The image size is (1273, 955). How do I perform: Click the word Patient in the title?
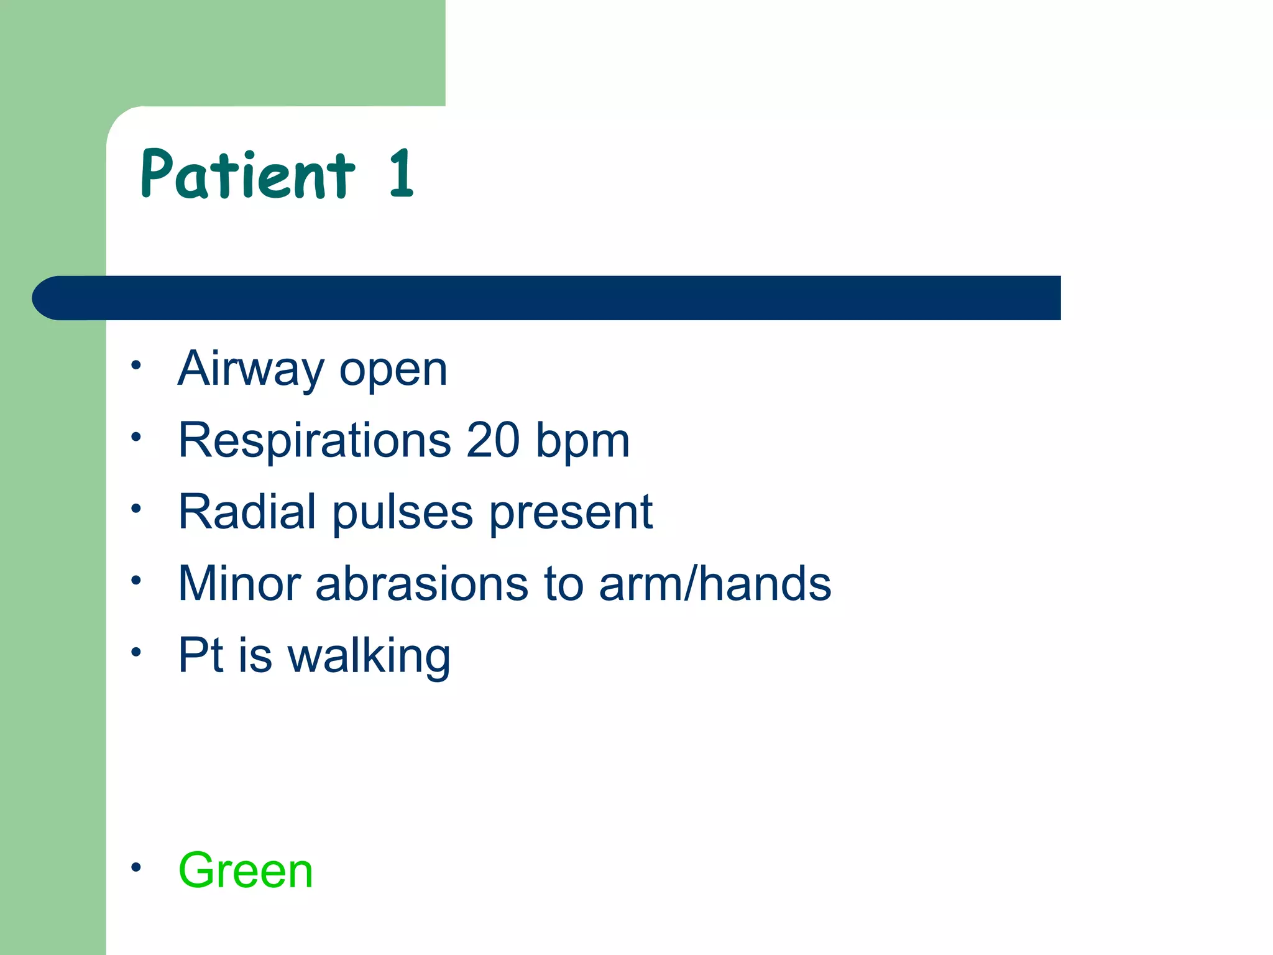click(247, 175)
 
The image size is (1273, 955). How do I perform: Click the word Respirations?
click(315, 440)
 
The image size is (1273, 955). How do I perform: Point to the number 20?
click(493, 440)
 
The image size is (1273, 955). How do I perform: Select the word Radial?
click(247, 512)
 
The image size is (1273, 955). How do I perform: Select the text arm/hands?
click(715, 584)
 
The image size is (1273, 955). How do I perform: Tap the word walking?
click(369, 657)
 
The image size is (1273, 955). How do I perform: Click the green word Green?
click(246, 870)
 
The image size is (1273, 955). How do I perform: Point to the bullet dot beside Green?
click(136, 866)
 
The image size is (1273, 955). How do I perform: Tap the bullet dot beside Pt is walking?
click(136, 652)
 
